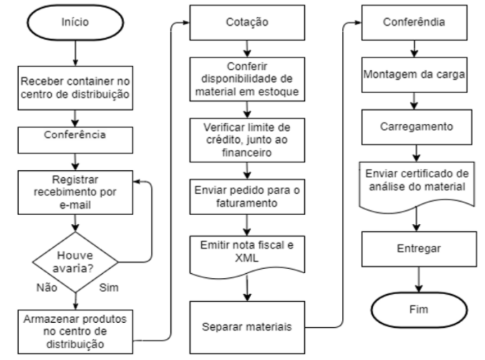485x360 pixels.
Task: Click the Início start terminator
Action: click(76, 22)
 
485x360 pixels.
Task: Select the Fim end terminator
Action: click(419, 310)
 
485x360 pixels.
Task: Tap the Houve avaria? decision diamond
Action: click(76, 262)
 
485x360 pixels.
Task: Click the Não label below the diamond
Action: click(47, 288)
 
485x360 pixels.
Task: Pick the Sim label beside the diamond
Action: click(109, 288)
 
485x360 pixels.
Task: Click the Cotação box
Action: click(247, 22)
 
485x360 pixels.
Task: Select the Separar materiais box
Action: click(247, 327)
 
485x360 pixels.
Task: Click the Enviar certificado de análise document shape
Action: click(416, 186)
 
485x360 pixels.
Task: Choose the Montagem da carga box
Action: click(414, 75)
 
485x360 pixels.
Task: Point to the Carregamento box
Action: click(416, 127)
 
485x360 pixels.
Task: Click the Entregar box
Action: click(419, 249)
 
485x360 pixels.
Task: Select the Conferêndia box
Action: click(414, 22)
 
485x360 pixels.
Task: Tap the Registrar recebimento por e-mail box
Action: click(76, 193)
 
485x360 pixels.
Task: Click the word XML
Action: click(247, 258)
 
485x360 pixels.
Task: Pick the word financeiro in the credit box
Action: click(247, 153)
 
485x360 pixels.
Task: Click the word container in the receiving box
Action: click(90, 81)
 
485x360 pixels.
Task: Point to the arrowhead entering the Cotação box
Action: click(186, 22)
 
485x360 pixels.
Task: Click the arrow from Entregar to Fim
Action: click(419, 279)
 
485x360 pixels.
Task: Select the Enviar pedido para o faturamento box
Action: click(247, 197)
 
